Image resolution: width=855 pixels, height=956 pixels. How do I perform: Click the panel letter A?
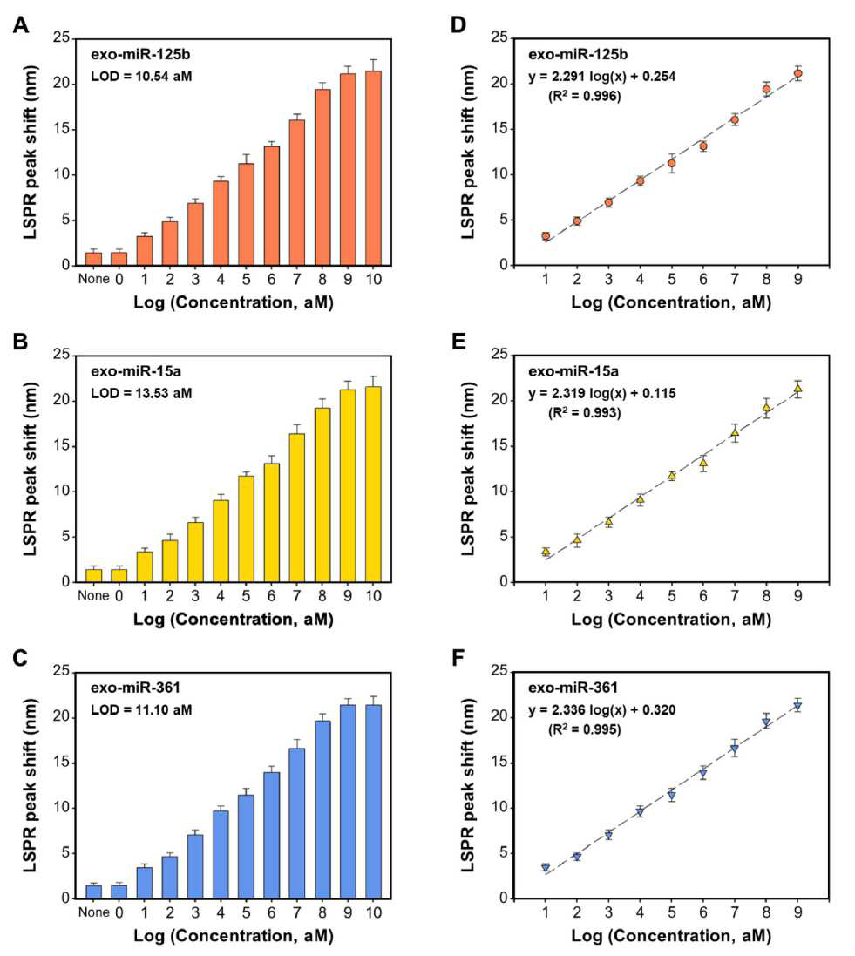21,25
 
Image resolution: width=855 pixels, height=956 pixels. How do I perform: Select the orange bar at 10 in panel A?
373,168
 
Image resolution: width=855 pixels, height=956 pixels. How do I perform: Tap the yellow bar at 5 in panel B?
247,529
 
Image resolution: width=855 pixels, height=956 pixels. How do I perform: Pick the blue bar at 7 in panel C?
297,824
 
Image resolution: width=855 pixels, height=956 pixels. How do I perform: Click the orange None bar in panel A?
94,259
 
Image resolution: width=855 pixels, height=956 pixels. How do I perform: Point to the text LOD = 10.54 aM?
141,76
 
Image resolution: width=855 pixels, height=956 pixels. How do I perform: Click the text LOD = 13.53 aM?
141,393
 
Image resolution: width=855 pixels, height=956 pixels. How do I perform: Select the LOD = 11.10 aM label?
141,709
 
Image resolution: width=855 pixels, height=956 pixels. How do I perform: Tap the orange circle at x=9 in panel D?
797,73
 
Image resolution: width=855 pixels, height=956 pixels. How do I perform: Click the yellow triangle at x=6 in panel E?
703,463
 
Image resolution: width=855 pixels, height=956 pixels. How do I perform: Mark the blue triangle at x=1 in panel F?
546,868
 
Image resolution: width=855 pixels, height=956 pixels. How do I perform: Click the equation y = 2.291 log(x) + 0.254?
602,76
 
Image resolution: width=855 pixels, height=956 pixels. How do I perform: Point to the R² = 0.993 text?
584,413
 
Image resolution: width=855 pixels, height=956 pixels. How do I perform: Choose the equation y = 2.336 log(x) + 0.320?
602,709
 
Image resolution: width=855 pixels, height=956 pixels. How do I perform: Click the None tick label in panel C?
94,912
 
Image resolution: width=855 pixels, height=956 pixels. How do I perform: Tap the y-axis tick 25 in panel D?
499,37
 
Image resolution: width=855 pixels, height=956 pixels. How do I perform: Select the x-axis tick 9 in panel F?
797,912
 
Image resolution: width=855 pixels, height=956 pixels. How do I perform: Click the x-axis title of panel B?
234,620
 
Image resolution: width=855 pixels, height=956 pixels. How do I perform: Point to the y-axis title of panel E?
468,469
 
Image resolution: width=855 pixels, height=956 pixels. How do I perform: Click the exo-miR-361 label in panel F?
573,688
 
